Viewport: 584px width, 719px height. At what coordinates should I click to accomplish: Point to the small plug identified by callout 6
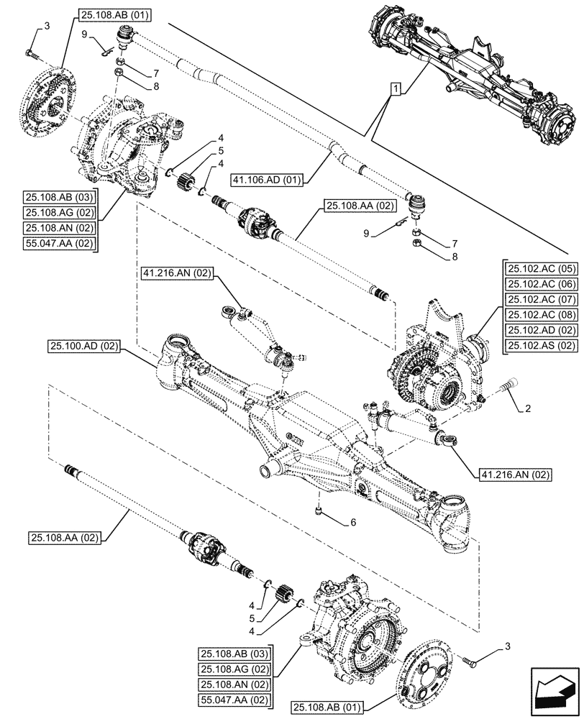click(x=317, y=510)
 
